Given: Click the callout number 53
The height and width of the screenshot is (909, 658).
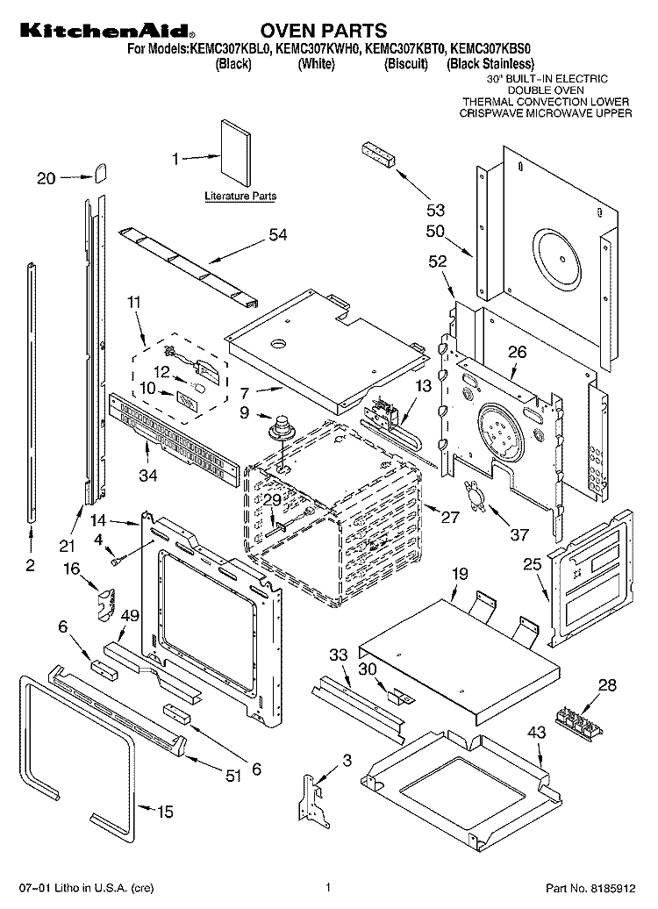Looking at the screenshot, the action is pyautogui.click(x=435, y=210).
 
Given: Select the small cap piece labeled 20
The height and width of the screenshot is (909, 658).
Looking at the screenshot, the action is pyautogui.click(x=100, y=172).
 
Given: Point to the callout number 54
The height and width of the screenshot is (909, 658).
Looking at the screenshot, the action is pyautogui.click(x=278, y=234).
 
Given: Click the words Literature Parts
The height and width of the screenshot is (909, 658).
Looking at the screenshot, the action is pyautogui.click(x=240, y=196).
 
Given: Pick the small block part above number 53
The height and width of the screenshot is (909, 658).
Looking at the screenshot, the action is pyautogui.click(x=378, y=154).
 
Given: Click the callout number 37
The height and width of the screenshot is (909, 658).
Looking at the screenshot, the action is pyautogui.click(x=519, y=534).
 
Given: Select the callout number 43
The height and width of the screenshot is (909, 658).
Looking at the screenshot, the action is pyautogui.click(x=536, y=732).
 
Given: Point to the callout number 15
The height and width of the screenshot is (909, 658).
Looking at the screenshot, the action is pyautogui.click(x=165, y=811).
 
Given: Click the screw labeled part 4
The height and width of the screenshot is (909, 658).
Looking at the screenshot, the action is pyautogui.click(x=117, y=560).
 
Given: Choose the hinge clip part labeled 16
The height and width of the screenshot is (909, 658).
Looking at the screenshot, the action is pyautogui.click(x=106, y=605).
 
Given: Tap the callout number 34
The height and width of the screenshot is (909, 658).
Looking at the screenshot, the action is pyautogui.click(x=148, y=475).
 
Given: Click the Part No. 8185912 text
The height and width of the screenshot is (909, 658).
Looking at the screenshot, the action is pyautogui.click(x=590, y=888).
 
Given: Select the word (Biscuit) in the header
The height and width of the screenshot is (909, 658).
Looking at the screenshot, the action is pyautogui.click(x=406, y=64).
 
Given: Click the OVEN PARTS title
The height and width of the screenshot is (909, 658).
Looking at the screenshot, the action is pyautogui.click(x=323, y=30).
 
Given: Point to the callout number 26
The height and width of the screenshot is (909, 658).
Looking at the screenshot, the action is pyautogui.click(x=517, y=352).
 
